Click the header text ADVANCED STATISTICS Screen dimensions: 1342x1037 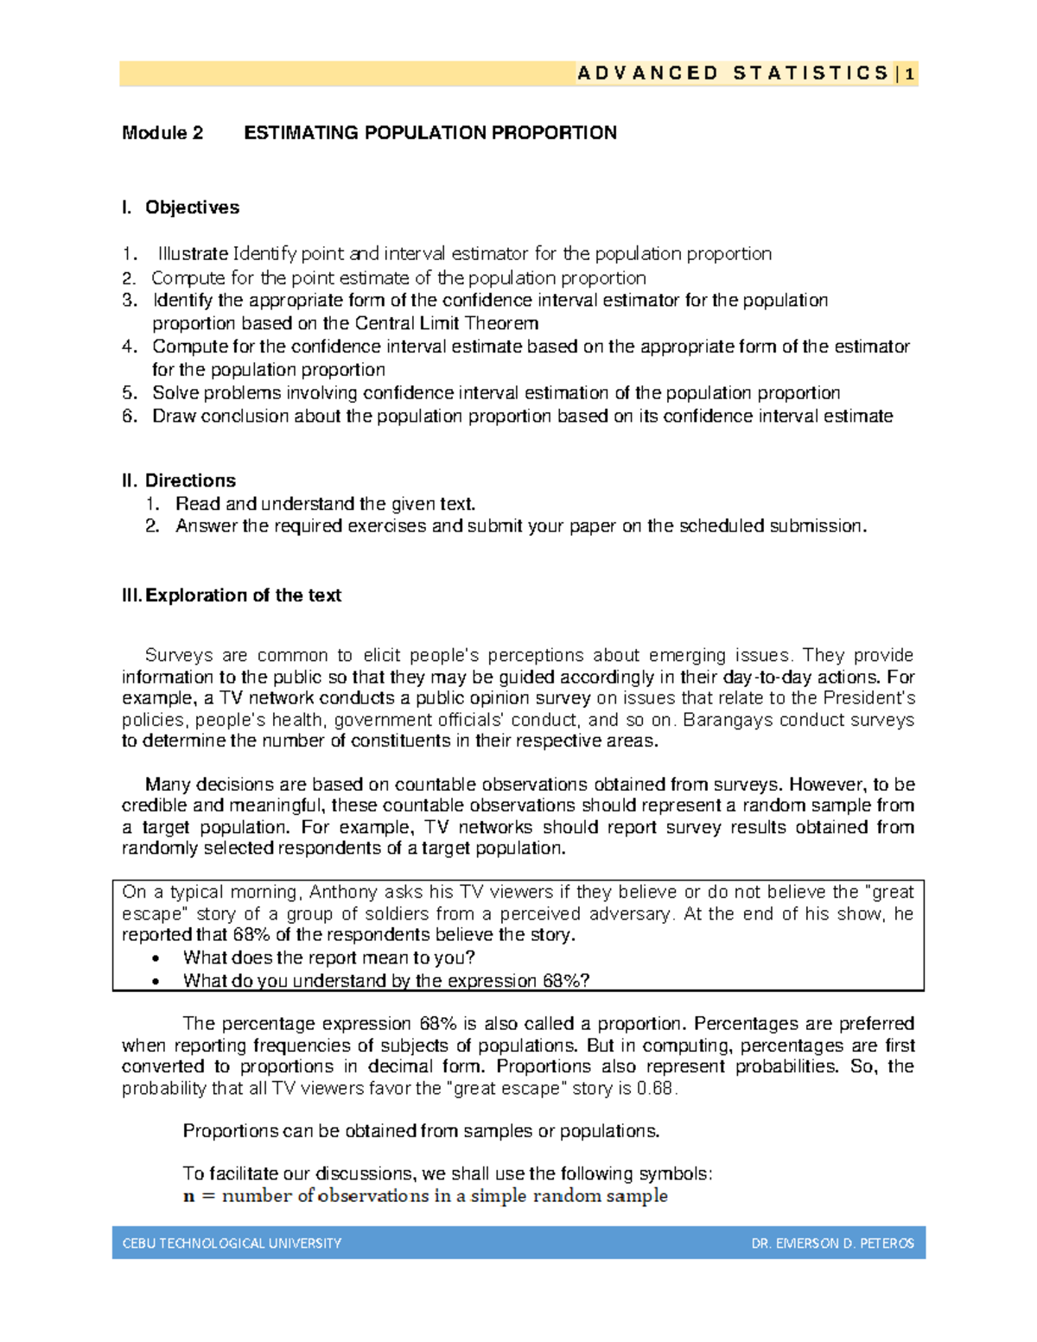733,74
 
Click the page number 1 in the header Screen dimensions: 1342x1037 910,74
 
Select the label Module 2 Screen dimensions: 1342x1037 162,133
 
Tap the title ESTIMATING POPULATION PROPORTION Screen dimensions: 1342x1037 430,133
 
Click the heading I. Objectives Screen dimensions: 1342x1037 181,207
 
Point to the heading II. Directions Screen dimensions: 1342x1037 179,480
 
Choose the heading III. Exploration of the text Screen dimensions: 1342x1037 232,595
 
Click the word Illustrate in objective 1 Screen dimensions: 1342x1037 194,254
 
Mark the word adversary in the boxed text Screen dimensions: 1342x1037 630,914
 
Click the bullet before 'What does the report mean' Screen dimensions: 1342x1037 156,958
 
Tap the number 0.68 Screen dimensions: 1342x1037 654,1089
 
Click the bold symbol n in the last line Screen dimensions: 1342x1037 189,1197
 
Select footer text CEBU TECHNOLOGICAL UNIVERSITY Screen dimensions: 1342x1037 232,1243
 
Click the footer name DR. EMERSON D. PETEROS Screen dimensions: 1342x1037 832,1243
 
